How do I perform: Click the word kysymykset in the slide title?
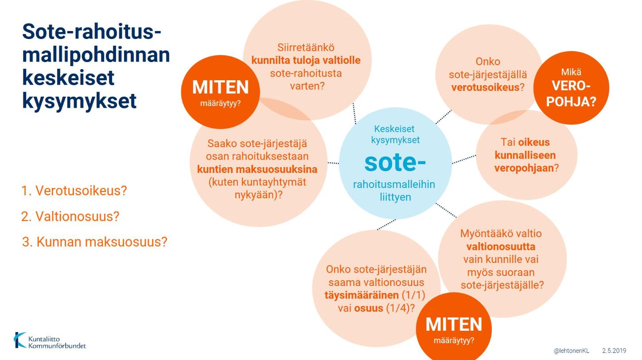pos(79,101)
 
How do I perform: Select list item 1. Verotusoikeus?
pos(74,191)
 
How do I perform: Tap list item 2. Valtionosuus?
pos(70,216)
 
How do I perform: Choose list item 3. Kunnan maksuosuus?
pos(94,242)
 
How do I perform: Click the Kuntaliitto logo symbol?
pos(20,340)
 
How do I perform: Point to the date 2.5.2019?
pos(614,351)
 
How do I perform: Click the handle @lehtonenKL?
pos(572,351)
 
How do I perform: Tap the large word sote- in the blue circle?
pos(395,163)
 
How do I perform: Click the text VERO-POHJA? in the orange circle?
pos(571,94)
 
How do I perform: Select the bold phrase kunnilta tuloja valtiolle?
pos(306,60)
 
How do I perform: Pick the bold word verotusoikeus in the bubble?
pos(485,87)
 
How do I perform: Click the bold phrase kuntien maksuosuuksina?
pos(257,169)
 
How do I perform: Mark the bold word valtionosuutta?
pos(501,247)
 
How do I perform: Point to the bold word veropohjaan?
pos(524,168)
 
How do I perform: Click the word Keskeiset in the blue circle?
pos(394,129)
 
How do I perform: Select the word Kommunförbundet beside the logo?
pos(57,346)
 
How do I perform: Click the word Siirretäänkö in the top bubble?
pos(306,47)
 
